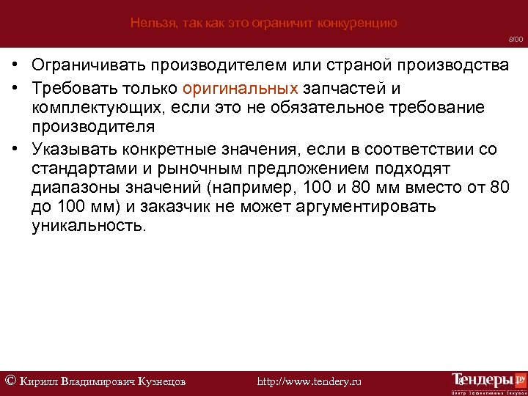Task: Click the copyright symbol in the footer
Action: (x=10, y=380)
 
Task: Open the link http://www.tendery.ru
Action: (x=310, y=381)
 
